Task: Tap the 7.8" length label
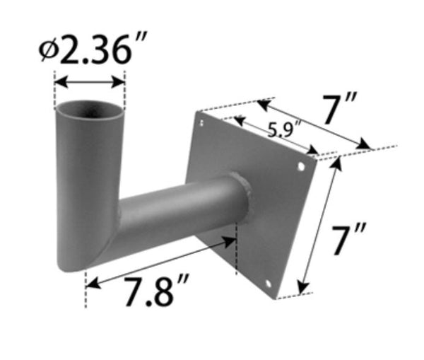tap(157, 293)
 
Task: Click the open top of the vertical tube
tap(90, 110)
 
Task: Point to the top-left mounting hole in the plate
tap(202, 123)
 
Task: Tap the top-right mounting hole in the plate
tap(302, 168)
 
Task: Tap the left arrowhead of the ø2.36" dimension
tap(59, 82)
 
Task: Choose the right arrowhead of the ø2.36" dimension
tap(121, 82)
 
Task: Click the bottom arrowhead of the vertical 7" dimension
tap(302, 289)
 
